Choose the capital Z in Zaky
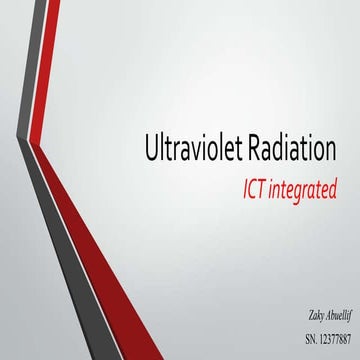[285, 315]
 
